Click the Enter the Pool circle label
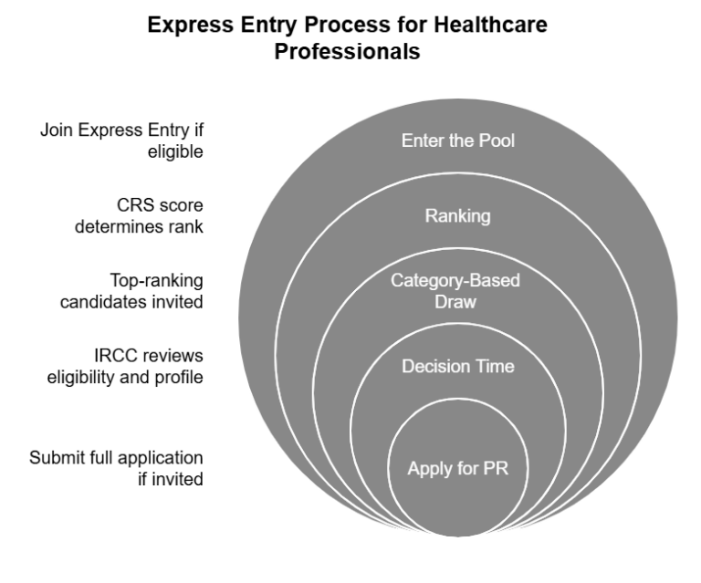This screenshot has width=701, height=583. point(454,141)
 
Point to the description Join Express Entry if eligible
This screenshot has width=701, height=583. point(121,141)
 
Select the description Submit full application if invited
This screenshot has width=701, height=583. point(116,466)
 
